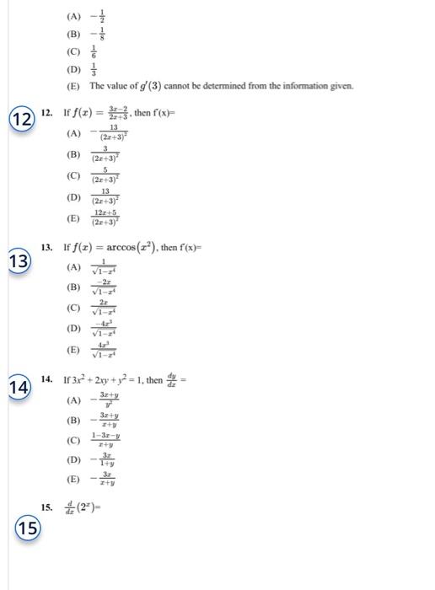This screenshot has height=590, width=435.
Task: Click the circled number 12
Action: (x=22, y=119)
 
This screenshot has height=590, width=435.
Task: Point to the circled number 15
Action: (x=28, y=528)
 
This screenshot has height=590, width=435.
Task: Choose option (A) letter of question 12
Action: (x=74, y=133)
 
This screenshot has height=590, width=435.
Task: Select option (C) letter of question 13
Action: (x=74, y=309)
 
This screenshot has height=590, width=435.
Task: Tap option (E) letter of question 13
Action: (x=74, y=350)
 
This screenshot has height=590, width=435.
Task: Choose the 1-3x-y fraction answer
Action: (x=106, y=440)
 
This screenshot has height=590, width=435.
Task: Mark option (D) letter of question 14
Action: (x=74, y=460)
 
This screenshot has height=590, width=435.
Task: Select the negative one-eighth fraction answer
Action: (x=96, y=35)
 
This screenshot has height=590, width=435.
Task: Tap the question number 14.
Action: (x=47, y=380)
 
